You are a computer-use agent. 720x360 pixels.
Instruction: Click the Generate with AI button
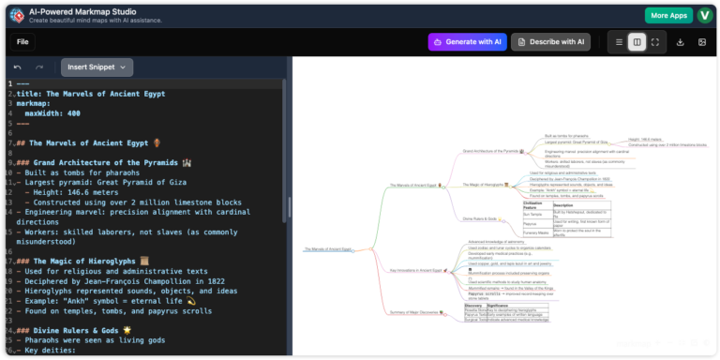click(467, 41)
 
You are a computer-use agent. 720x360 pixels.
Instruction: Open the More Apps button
click(668, 16)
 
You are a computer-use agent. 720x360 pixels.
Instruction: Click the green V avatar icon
click(704, 16)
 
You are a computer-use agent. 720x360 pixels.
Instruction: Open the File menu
click(22, 41)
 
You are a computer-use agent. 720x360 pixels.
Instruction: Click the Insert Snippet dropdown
click(97, 67)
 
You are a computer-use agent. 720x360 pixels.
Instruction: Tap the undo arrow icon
click(18, 67)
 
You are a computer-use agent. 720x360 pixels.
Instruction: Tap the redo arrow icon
click(39, 67)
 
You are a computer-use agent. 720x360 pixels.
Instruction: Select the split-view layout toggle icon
click(637, 42)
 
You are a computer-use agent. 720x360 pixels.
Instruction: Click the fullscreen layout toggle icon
click(654, 42)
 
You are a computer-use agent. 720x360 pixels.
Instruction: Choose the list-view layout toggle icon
click(619, 42)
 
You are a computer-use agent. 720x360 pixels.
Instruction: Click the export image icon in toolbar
click(702, 42)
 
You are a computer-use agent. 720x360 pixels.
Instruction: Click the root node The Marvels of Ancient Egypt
click(327, 249)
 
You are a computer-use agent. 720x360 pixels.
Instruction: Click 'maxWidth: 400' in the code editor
click(52, 113)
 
